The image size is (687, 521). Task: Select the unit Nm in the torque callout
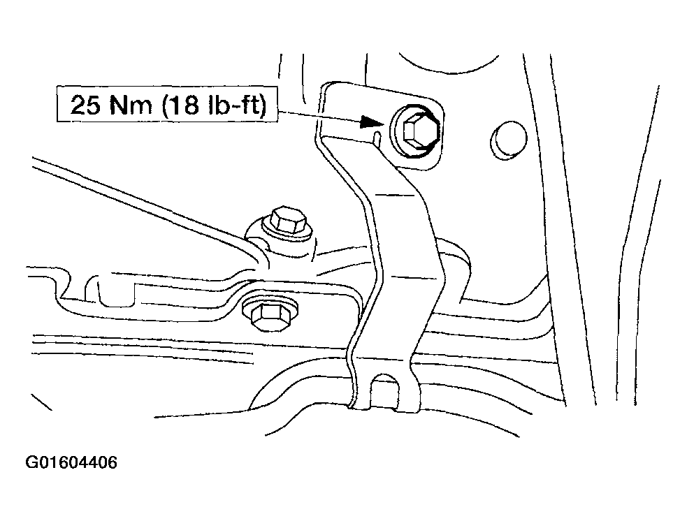pos(131,104)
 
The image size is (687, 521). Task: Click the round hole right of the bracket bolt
pos(508,138)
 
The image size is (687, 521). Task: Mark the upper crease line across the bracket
pos(396,194)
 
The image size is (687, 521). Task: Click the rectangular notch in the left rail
pos(116,292)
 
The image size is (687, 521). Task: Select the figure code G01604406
pos(71,463)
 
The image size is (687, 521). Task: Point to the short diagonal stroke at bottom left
pos(41,402)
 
